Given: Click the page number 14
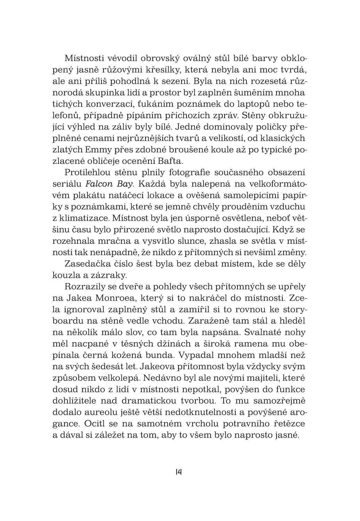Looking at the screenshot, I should click(x=179, y=471).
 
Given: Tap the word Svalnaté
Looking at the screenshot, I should click(x=262, y=332).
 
